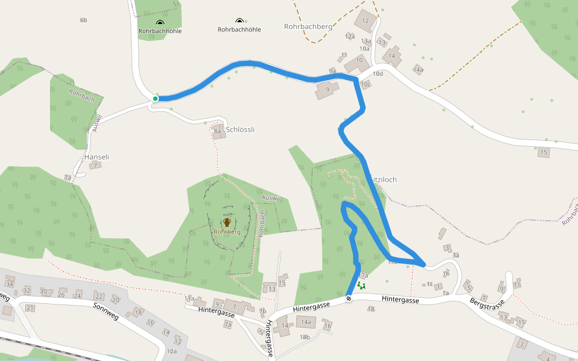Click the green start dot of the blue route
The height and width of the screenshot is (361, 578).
(155, 99)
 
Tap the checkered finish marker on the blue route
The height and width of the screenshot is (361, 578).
(349, 299)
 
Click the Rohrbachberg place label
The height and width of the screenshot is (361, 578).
(308, 26)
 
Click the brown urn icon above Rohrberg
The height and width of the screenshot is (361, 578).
(227, 222)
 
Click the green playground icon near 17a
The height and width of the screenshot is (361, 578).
(361, 286)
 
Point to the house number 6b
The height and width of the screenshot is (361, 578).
(84, 20)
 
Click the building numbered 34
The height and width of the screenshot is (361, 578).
(9, 283)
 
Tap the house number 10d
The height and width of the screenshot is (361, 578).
(378, 74)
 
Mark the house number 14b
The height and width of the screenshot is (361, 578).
(305, 337)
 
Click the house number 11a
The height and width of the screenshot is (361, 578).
(190, 298)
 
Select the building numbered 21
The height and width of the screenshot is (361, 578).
(30, 308)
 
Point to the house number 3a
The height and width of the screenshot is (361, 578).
(456, 255)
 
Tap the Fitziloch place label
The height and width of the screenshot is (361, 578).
(384, 179)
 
